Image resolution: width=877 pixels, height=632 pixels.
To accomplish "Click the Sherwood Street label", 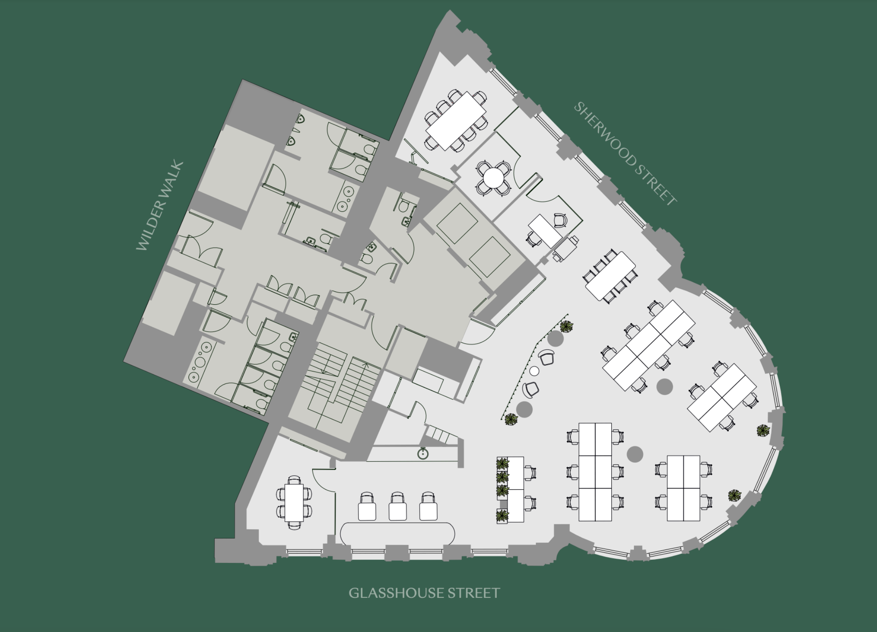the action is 625,154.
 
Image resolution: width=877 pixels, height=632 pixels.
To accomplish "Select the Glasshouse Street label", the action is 424,593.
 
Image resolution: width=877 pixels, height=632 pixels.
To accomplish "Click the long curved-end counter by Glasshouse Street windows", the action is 398,534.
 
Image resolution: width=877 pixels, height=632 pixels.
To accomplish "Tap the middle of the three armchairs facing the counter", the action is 398,506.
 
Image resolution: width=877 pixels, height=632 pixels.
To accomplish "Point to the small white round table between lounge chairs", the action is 534,370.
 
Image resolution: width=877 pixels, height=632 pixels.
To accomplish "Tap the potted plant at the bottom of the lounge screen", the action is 511,420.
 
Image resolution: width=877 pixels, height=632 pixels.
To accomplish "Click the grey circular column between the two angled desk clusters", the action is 664,386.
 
